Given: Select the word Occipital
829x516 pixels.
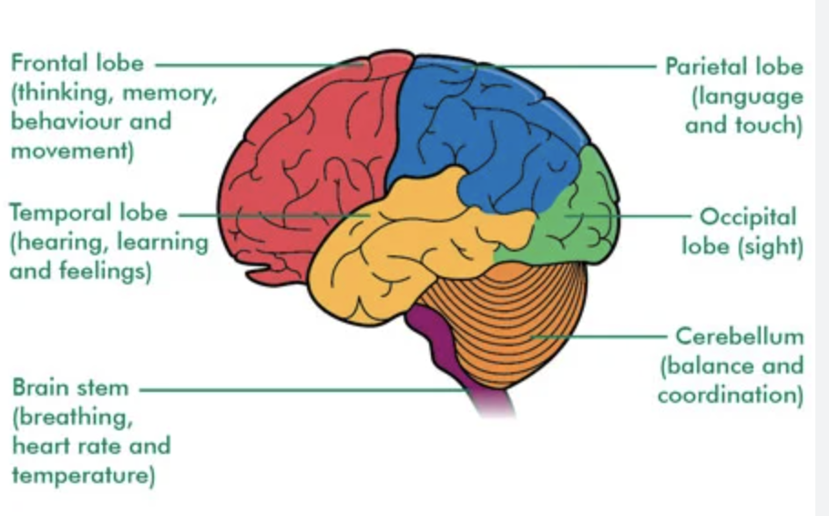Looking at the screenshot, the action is pos(747,217).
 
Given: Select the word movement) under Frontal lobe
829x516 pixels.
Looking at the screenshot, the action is pos(72,150).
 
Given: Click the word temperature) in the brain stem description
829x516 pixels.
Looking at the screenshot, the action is pos(83,475).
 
